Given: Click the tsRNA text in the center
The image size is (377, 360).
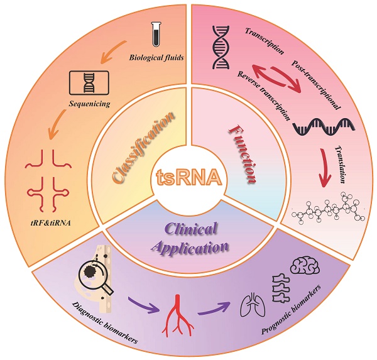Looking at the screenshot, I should pos(188,178).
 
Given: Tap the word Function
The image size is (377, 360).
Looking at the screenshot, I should pos(242,148).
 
